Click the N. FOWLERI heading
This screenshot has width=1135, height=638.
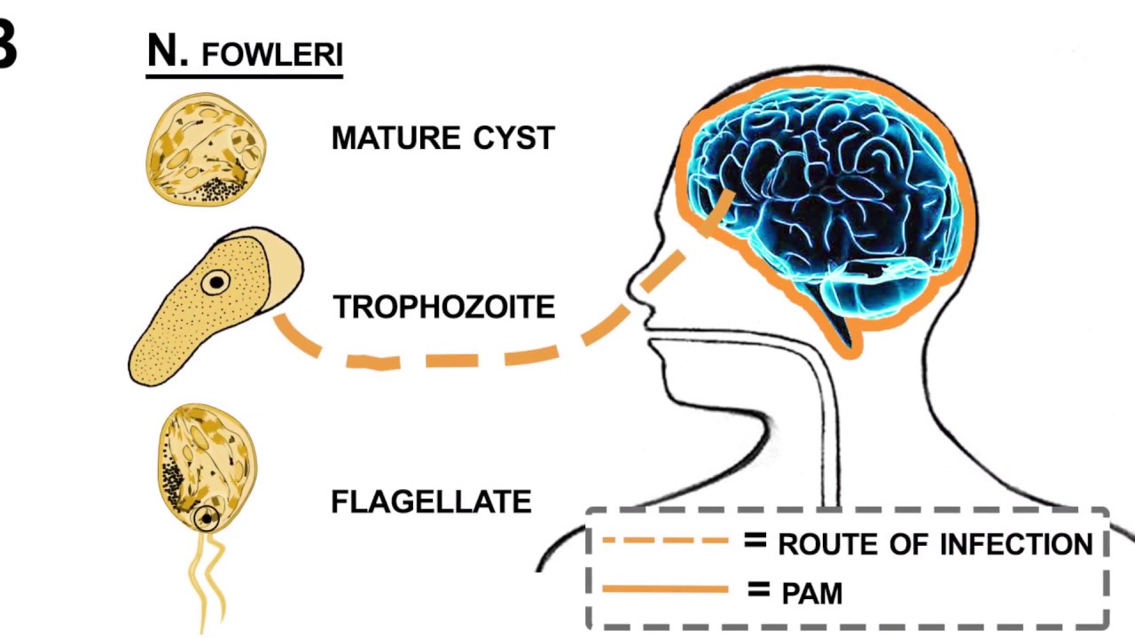coord(245,53)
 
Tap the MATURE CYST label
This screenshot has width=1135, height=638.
coord(442,138)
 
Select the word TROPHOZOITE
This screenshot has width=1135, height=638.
coord(443,307)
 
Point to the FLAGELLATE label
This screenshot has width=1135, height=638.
coord(431,502)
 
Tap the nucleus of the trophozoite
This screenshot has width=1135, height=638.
coord(215,283)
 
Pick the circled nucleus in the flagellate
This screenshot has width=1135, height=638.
coord(207,517)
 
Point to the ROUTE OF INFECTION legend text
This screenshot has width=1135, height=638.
coord(935,543)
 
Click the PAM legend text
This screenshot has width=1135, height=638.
coord(811,592)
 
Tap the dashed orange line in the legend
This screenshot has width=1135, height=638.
coord(665,539)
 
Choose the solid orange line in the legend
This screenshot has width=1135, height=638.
coord(665,587)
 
